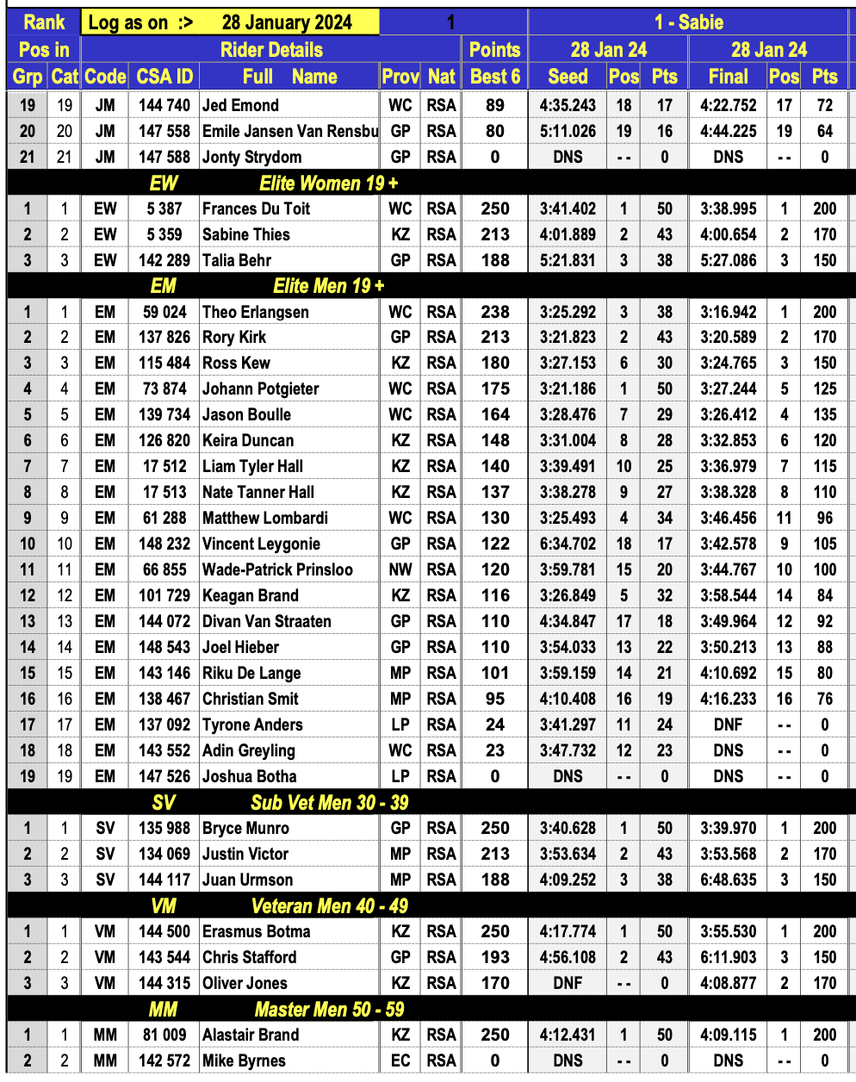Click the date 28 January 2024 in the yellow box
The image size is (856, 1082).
(287, 22)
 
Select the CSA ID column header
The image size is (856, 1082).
(164, 77)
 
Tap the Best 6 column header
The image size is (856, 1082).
(494, 77)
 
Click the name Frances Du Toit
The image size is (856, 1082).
(254, 208)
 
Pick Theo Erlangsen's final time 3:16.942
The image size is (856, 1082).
(728, 312)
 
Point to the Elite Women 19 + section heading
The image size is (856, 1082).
(328, 183)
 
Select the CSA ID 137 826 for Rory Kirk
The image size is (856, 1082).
(164, 338)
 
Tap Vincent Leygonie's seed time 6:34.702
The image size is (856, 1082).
(568, 544)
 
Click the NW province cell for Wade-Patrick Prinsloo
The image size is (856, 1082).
(400, 569)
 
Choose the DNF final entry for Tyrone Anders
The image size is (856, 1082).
(728, 724)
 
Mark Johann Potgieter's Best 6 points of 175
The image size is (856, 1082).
(494, 389)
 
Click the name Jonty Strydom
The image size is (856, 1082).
(251, 157)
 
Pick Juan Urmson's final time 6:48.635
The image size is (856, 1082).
(728, 880)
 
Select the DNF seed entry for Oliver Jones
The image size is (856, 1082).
(568, 983)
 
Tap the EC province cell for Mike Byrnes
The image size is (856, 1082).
(400, 1060)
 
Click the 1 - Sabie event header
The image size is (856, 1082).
(688, 22)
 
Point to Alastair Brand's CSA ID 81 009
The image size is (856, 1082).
(164, 1035)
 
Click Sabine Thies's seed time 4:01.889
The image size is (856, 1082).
(568, 234)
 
